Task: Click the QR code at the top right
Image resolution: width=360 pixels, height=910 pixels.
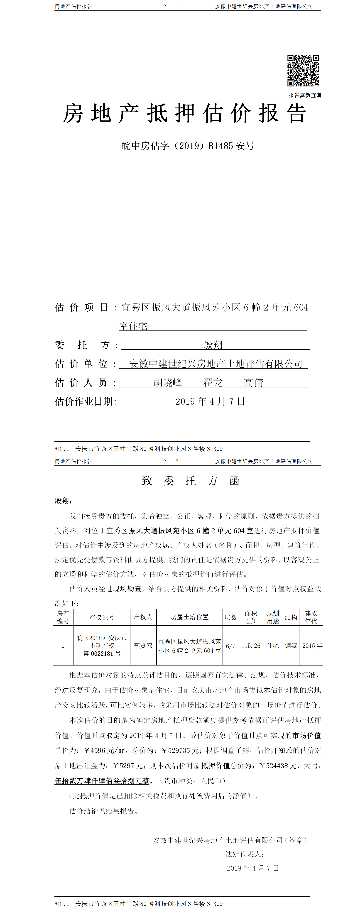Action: pos(303,70)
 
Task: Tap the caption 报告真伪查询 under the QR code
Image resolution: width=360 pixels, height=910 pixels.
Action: pos(304,95)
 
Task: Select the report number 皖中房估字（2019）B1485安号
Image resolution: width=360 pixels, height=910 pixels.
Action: pos(188,146)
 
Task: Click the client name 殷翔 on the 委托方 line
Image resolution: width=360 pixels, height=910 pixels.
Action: pos(213,345)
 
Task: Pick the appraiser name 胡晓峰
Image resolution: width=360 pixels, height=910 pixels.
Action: pos(168,383)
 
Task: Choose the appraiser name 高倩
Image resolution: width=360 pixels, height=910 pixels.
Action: pos(253,383)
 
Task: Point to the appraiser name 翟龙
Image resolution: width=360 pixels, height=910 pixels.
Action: pos(213,383)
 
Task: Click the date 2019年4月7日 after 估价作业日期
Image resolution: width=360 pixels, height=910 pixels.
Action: pos(210,401)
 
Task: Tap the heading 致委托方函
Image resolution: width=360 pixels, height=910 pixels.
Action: pos(191,481)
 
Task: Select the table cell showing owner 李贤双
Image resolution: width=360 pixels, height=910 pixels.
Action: pos(143,645)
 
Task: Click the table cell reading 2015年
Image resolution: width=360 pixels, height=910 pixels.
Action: pos(312,645)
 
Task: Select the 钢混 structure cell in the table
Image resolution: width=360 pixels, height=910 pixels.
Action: pos(291,645)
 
